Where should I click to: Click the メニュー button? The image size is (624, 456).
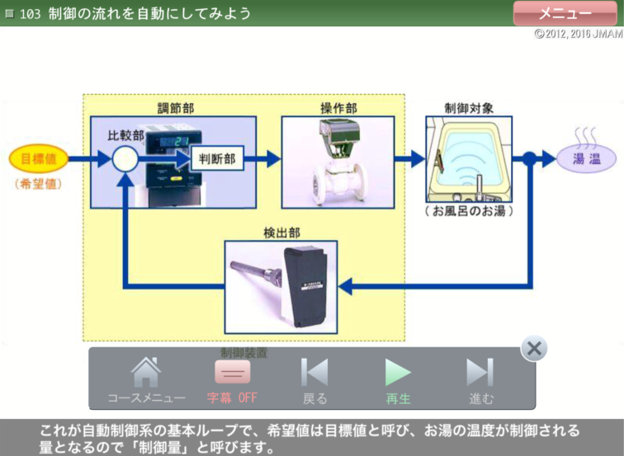tap(565, 13)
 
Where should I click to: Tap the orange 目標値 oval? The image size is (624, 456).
tap(38, 159)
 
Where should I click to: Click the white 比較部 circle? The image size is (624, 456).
tap(125, 159)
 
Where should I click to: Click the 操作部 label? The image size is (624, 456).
tap(338, 108)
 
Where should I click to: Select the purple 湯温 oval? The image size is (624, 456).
tap(586, 159)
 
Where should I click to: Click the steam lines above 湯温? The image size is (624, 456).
tap(586, 134)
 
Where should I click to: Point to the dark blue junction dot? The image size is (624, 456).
tap(529, 159)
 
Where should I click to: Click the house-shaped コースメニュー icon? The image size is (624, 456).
tap(146, 373)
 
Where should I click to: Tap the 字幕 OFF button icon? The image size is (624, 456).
tap(233, 373)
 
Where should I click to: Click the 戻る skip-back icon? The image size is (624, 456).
tap(314, 373)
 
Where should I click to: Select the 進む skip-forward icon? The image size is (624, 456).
tap(480, 373)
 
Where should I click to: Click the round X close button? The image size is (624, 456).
tap(534, 349)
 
